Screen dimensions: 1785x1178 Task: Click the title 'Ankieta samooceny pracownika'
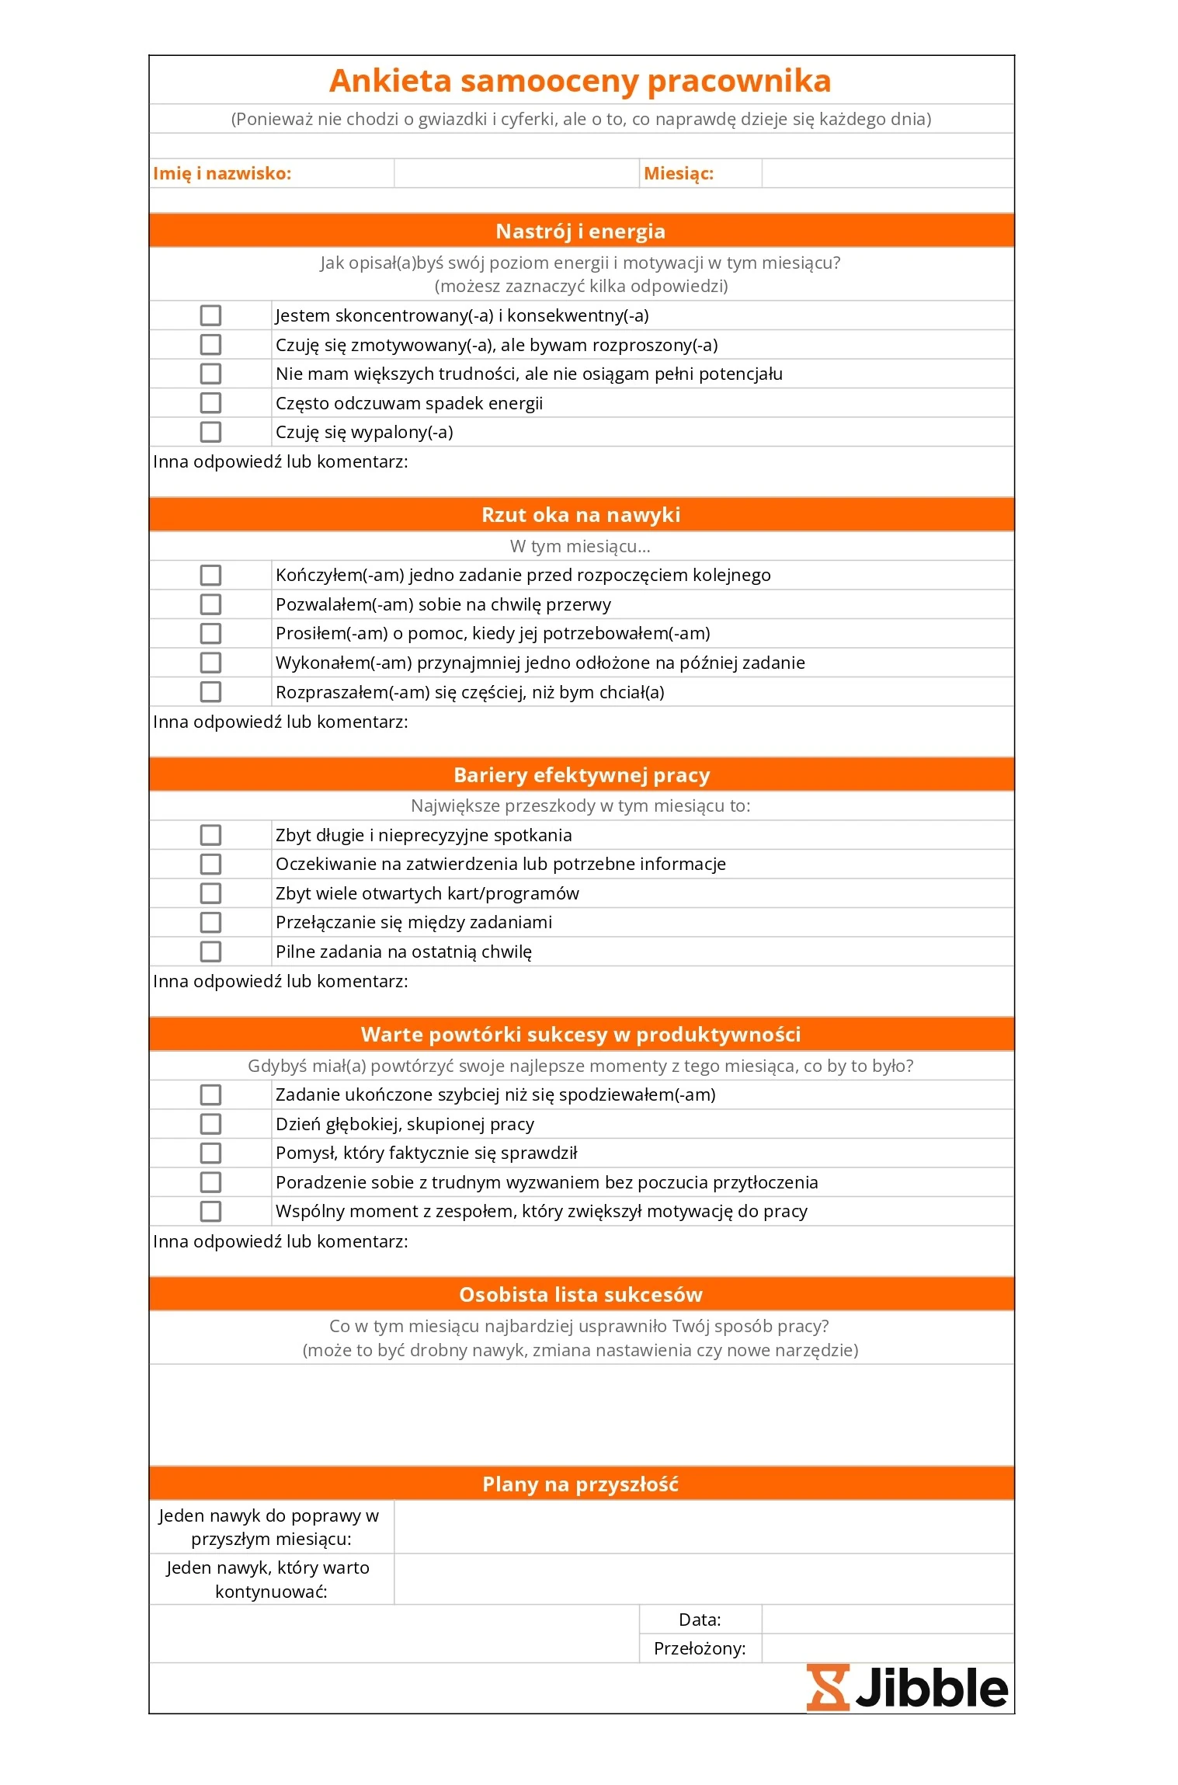pos(580,81)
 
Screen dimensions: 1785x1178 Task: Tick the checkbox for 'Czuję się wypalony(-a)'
pos(210,432)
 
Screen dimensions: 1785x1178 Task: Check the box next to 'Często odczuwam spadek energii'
pos(210,403)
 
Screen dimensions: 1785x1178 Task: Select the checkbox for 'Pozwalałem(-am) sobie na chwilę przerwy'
pos(210,604)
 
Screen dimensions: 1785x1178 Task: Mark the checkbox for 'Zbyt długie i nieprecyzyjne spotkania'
pos(210,835)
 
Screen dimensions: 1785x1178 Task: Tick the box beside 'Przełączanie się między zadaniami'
pos(210,922)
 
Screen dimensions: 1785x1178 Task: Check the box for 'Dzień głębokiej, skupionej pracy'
pos(210,1124)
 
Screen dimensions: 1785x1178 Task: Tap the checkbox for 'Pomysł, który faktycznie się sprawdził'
pos(210,1153)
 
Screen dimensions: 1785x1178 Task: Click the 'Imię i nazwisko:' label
pos(222,173)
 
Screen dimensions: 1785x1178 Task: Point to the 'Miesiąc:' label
pos(679,173)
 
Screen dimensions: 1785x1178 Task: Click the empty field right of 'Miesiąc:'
pos(888,173)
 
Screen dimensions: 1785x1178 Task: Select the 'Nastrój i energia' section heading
pos(580,231)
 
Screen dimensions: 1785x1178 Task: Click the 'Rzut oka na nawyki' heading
pos(580,515)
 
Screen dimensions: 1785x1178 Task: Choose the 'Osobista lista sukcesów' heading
pos(580,1295)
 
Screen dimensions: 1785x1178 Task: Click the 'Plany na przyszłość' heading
pos(580,1484)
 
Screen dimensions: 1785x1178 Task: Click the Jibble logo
pos(907,1688)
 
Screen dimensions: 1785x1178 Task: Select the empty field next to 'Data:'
pos(888,1620)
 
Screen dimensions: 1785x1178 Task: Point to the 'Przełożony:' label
pos(700,1648)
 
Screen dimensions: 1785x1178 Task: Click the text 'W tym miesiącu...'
pos(580,546)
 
